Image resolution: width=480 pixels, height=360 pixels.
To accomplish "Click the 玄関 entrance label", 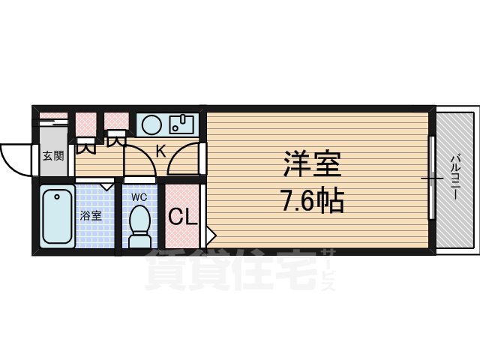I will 52,157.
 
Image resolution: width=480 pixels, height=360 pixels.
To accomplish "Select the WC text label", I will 139,197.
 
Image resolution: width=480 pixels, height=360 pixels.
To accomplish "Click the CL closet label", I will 183,217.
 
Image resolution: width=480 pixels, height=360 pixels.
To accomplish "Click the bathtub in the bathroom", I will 56,217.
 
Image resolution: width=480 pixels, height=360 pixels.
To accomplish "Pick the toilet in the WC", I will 139,225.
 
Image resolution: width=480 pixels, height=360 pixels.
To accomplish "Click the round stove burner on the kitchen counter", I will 151,123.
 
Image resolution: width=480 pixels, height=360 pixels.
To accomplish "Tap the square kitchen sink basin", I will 182,122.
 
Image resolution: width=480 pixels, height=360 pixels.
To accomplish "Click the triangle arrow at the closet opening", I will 211,235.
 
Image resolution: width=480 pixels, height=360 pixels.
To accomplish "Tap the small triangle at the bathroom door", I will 107,182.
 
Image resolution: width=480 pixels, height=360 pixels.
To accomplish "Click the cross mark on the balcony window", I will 431,178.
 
